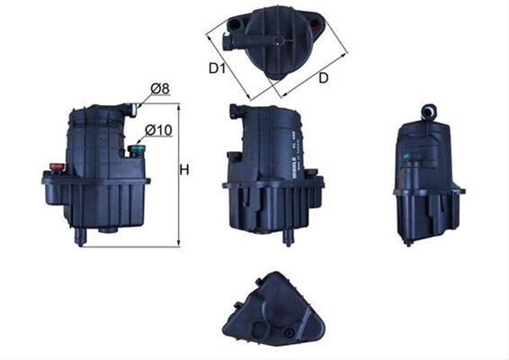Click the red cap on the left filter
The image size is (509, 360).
(x=56, y=166)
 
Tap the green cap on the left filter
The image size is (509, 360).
(x=137, y=148)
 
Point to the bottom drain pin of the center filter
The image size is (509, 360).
(x=288, y=237)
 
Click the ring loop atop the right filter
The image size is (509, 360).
(x=427, y=111)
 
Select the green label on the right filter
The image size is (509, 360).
(x=406, y=158)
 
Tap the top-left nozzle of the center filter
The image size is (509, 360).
(x=235, y=112)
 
